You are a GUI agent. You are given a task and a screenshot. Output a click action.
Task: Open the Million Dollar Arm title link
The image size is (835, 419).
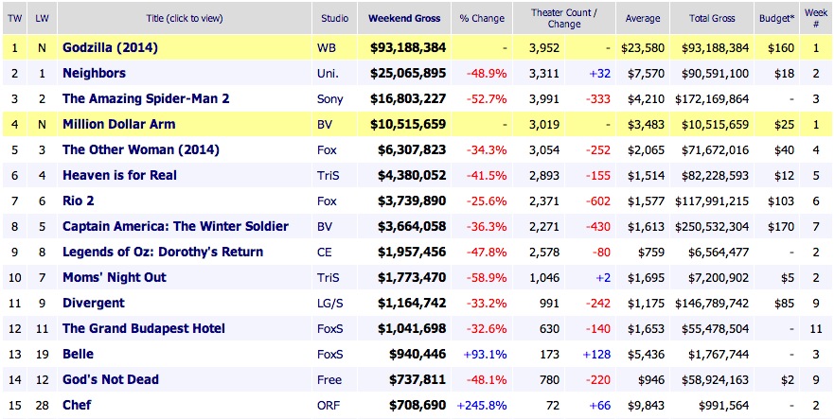click(120, 124)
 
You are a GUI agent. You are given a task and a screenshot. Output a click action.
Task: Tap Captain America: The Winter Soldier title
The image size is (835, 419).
click(175, 226)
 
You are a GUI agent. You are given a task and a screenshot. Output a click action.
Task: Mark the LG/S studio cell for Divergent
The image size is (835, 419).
click(332, 303)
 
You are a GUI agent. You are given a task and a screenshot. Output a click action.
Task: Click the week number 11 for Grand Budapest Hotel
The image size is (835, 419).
click(813, 328)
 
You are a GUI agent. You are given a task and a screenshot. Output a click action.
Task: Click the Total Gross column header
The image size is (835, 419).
click(706, 17)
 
